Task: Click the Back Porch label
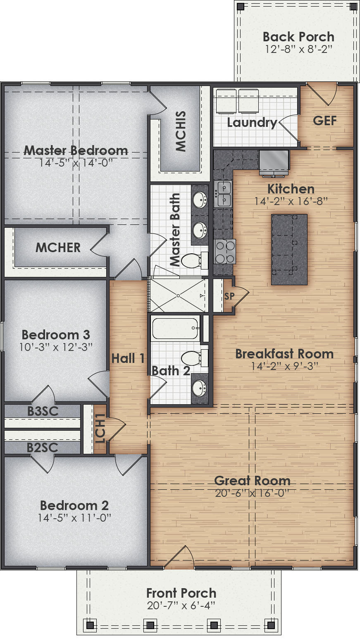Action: click(x=298, y=37)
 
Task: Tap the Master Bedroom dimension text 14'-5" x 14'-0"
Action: click(x=76, y=163)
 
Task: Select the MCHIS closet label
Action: click(x=181, y=131)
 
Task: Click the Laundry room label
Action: click(x=252, y=122)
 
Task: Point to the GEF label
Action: click(x=324, y=120)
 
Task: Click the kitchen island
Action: click(x=289, y=249)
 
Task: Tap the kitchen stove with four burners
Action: click(x=224, y=251)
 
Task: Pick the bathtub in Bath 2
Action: click(x=175, y=328)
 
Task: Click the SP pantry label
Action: click(x=229, y=296)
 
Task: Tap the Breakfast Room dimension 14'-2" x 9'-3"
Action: click(x=284, y=366)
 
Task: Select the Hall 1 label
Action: click(x=128, y=358)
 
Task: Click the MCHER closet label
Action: click(x=58, y=248)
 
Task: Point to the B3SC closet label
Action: click(x=43, y=411)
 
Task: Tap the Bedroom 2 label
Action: click(x=74, y=505)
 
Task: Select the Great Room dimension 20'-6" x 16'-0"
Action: click(x=252, y=493)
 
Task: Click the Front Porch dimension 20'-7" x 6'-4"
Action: click(x=181, y=606)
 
